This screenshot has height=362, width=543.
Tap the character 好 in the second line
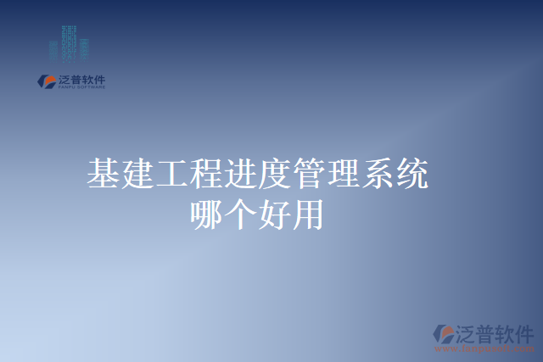click(x=277, y=213)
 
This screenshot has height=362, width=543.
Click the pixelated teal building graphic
click(x=69, y=42)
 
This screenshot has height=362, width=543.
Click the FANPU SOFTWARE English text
click(x=81, y=87)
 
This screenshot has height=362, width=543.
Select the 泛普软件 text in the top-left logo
click(x=81, y=80)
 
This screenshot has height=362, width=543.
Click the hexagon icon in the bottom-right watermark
click(x=443, y=333)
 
